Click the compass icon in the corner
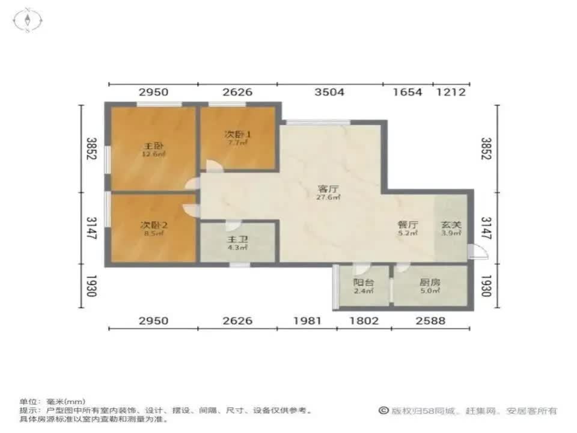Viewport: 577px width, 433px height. tap(28, 22)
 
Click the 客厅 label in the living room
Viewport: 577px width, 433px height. tap(328, 188)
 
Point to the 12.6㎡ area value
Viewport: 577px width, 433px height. tap(153, 155)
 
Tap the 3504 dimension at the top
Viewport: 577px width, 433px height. tap(329, 92)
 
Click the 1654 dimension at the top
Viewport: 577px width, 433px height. tap(408, 92)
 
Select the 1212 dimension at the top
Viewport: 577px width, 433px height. tap(451, 92)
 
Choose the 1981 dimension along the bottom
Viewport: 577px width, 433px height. tap(307, 321)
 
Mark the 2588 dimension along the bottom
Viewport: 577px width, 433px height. tap(430, 321)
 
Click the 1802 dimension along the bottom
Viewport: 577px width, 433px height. tap(364, 321)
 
